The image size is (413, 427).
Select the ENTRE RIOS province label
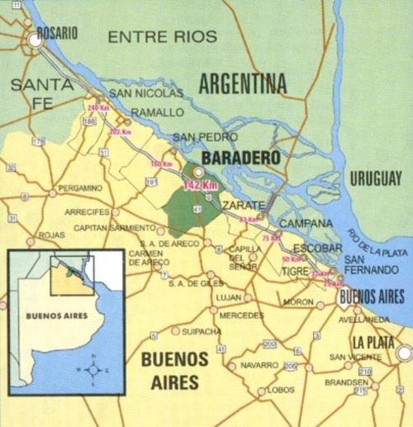[163, 36]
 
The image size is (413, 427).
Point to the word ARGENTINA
[242, 83]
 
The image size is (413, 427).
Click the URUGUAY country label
[374, 178]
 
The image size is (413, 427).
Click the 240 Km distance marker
[98, 108]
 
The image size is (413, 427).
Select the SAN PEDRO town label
[198, 137]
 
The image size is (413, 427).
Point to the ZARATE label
[241, 203]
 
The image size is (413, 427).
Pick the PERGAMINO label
[80, 188]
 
